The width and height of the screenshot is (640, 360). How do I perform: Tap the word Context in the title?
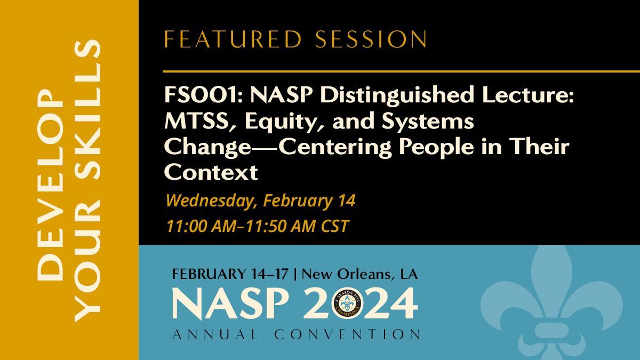click(x=210, y=172)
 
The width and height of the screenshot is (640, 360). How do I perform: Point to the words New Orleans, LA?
click(x=363, y=275)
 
